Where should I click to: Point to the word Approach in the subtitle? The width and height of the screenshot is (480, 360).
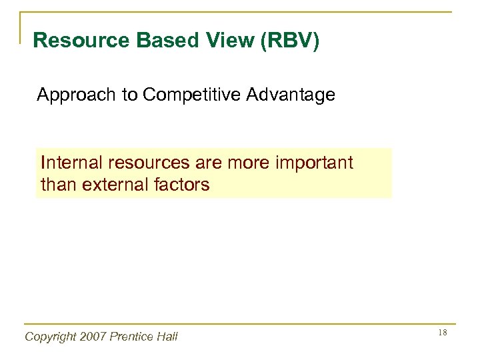pos(75,96)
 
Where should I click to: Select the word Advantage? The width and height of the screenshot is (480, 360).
pos(290,96)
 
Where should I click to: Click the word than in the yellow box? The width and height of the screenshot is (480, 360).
pos(59,184)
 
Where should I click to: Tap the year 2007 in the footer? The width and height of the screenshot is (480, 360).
pos(96,337)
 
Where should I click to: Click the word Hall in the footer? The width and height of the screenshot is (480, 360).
pos(167,337)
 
